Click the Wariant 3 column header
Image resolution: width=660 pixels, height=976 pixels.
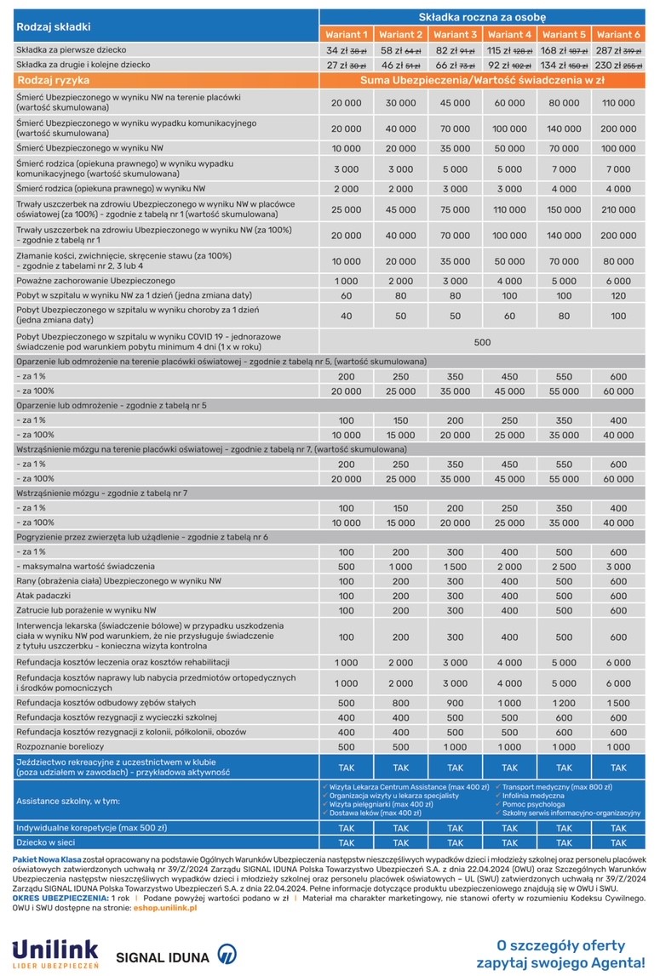pyautogui.click(x=456, y=35)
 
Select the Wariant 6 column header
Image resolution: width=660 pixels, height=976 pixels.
pyautogui.click(x=618, y=35)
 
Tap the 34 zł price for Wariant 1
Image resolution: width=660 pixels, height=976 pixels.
pyautogui.click(x=338, y=50)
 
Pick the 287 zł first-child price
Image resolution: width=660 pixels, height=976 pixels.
pyautogui.click(x=609, y=50)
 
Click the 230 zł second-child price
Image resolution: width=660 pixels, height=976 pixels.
pyautogui.click(x=609, y=65)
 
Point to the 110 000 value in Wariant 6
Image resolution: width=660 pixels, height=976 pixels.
pyautogui.click(x=618, y=103)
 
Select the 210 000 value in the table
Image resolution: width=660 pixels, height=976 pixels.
pyautogui.click(x=618, y=209)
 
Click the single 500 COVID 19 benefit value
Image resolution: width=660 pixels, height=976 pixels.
pyautogui.click(x=483, y=342)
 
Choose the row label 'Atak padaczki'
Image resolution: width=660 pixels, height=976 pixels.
pyautogui.click(x=43, y=596)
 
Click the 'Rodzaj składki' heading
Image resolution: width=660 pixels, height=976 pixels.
pyautogui.click(x=54, y=27)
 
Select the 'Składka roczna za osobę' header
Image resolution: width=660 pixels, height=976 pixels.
pyautogui.click(x=482, y=17)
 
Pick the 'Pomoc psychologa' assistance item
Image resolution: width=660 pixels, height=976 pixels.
pyautogui.click(x=533, y=804)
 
